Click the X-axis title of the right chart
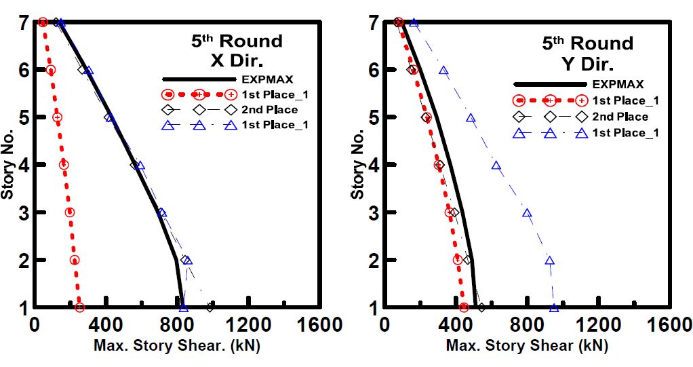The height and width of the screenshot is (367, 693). click(x=527, y=345)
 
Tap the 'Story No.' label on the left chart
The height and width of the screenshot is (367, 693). click(x=8, y=165)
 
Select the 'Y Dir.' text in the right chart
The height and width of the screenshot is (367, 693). click(x=587, y=64)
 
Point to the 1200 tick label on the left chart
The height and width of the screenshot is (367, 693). click(x=248, y=325)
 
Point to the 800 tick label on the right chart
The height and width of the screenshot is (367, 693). click(x=527, y=325)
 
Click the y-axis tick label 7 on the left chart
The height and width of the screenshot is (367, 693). click(x=23, y=22)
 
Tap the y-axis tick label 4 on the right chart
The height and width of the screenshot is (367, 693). click(x=374, y=165)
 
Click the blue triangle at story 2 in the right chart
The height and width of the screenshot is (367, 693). click(x=549, y=260)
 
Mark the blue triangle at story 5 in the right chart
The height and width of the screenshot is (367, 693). click(x=471, y=118)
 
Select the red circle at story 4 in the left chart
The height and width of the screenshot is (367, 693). click(x=64, y=164)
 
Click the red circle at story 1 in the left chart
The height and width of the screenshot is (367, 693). click(x=79, y=307)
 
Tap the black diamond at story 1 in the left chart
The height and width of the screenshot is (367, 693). click(x=210, y=307)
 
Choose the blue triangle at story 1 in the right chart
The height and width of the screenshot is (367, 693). click(x=553, y=308)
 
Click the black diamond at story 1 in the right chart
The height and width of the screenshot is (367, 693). click(x=481, y=307)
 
